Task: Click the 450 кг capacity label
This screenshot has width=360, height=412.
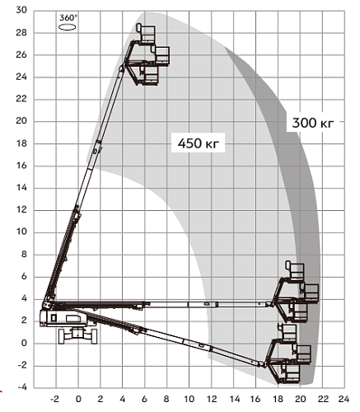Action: click(x=199, y=143)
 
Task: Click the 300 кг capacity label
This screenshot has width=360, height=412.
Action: click(x=313, y=123)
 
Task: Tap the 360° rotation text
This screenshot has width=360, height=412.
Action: click(x=68, y=18)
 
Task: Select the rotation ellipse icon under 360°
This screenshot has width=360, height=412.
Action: click(x=68, y=27)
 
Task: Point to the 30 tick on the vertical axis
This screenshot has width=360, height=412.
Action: click(x=21, y=10)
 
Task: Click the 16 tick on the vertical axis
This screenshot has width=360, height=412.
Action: click(x=21, y=166)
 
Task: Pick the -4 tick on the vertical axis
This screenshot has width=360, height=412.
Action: click(x=22, y=387)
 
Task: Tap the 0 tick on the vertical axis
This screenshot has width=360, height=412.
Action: click(x=25, y=343)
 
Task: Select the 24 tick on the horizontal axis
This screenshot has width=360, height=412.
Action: click(x=344, y=399)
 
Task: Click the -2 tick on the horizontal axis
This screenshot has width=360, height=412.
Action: click(x=55, y=399)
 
